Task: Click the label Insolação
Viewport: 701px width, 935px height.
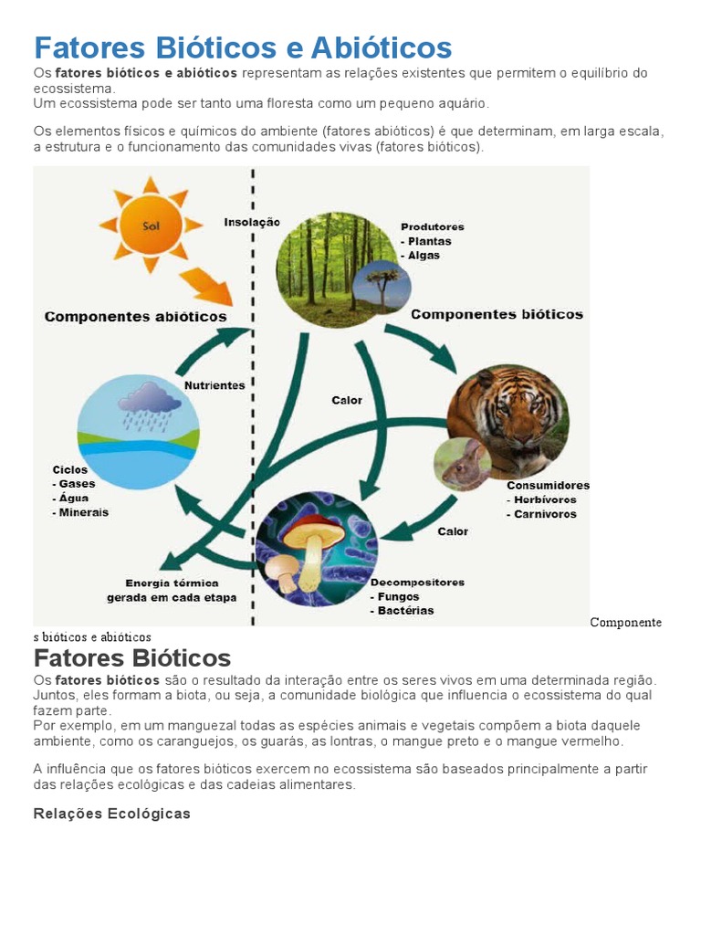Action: [252, 222]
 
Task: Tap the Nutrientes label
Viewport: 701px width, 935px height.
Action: [214, 385]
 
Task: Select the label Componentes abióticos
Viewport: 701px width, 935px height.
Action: [135, 317]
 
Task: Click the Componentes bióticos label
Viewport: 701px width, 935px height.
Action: [497, 314]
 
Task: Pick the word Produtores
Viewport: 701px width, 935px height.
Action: [433, 226]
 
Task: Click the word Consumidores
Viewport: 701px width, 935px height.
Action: [548, 486]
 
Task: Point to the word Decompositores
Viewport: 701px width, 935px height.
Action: [417, 582]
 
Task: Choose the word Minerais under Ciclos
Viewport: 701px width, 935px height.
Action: [83, 512]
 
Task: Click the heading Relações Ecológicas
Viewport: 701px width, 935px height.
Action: [111, 814]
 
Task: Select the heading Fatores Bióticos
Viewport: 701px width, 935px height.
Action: [132, 657]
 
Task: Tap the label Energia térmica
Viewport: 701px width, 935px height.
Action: [172, 583]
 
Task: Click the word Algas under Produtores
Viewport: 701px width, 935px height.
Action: [424, 256]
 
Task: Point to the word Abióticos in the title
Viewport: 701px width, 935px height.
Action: [382, 47]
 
